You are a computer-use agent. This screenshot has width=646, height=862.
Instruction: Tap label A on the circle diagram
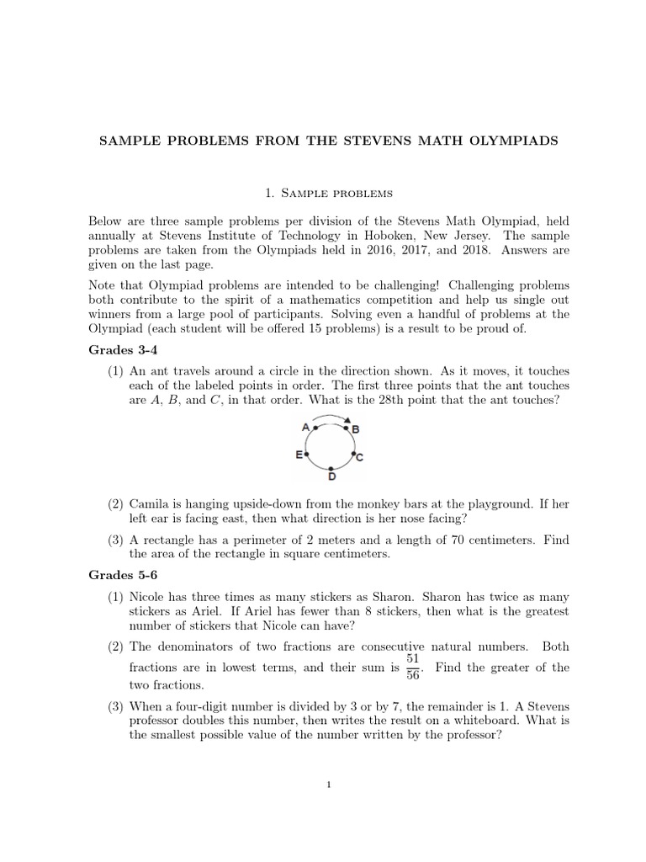pos(305,427)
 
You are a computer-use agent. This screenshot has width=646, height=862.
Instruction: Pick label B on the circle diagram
pos(356,429)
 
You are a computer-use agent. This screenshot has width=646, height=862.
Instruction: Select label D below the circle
pos(332,477)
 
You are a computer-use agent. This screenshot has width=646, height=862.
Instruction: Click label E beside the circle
pos(299,455)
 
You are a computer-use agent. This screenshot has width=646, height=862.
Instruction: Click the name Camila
pos(152,504)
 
